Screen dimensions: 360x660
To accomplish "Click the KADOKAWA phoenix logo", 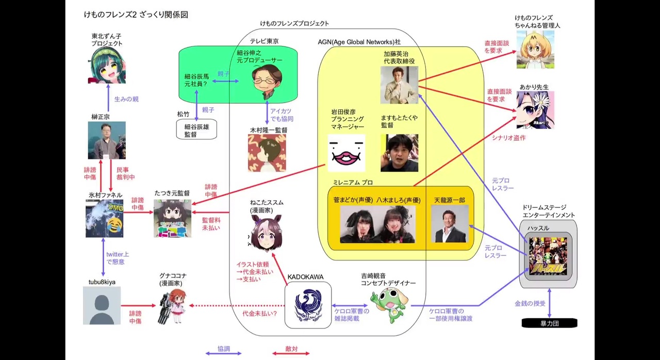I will pyautogui.click(x=308, y=306).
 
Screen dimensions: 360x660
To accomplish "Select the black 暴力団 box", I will pyautogui.click(x=549, y=323).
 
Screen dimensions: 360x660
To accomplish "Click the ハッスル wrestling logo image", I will pyautogui.click(x=548, y=256).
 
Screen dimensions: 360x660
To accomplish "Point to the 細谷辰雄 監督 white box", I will pyautogui.click(x=196, y=129).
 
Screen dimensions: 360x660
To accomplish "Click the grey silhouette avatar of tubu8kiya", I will pyautogui.click(x=102, y=306).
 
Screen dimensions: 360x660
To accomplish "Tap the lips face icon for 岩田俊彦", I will pyautogui.click(x=346, y=153).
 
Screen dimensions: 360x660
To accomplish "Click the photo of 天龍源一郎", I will pyautogui.click(x=450, y=224).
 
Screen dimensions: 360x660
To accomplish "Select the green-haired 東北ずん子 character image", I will pyautogui.click(x=107, y=65).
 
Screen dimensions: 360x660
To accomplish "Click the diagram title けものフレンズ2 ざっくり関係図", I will pyautogui.click(x=136, y=15).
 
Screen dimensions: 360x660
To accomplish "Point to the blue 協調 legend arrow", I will pyautogui.click(x=223, y=353).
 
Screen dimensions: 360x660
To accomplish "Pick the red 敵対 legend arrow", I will pyautogui.click(x=291, y=353).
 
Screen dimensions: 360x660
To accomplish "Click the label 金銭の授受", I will pyautogui.click(x=530, y=304).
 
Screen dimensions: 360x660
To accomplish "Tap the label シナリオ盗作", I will pyautogui.click(x=508, y=138).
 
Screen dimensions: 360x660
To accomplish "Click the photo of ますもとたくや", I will pyautogui.click(x=399, y=153).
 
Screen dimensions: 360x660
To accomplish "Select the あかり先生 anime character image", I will pyautogui.click(x=535, y=110).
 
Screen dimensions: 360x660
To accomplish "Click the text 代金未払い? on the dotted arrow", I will pyautogui.click(x=259, y=313).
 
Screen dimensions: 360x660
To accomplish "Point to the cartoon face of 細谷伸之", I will pyautogui.click(x=267, y=81).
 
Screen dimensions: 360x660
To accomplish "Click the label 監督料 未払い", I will pyautogui.click(x=211, y=223).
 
